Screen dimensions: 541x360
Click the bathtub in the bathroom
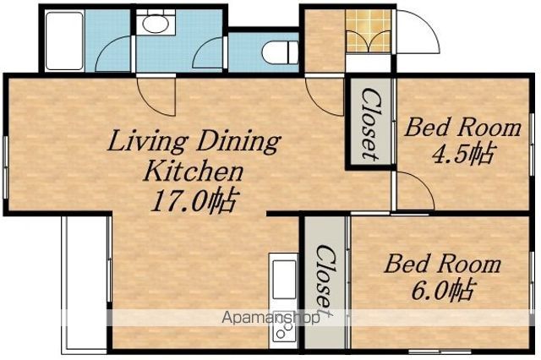click(64, 41)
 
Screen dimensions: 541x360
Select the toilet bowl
click(281, 53)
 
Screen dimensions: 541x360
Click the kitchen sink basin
click(284, 280)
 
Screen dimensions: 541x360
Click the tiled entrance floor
click(369, 31)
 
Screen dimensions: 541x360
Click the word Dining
click(238, 142)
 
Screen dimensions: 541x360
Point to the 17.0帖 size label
click(194, 201)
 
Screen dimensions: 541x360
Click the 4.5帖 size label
click(462, 153)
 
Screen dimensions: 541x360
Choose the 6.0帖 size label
click(441, 291)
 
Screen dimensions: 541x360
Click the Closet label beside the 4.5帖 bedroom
click(370, 123)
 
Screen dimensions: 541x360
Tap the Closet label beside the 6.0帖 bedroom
click(325, 280)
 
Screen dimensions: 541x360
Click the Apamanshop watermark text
click(270, 318)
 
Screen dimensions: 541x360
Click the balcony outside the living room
click(85, 284)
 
